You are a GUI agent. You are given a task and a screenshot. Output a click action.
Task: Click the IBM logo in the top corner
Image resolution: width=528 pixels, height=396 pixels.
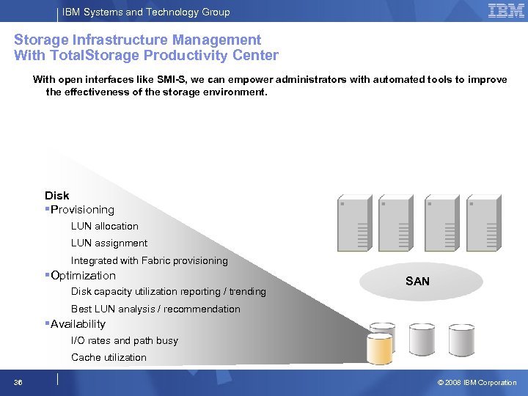(x=506, y=11)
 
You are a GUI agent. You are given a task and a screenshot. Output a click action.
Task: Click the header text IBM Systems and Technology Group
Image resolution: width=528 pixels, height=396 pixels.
(x=146, y=12)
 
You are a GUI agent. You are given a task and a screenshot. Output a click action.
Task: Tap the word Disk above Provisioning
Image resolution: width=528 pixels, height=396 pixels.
(x=57, y=195)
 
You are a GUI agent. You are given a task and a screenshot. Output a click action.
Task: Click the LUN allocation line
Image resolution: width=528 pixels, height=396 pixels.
(x=104, y=227)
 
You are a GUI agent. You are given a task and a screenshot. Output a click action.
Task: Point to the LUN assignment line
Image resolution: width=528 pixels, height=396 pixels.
(x=109, y=243)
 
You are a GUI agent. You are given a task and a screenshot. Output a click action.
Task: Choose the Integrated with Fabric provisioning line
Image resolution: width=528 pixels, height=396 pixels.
(x=149, y=260)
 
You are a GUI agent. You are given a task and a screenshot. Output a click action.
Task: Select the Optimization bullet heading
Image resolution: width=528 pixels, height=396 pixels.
(x=83, y=276)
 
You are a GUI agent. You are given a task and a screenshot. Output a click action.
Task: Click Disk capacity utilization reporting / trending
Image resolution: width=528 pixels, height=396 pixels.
(x=168, y=292)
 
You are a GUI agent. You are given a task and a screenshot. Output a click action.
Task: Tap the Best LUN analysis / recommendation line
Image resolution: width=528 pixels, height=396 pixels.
(x=155, y=309)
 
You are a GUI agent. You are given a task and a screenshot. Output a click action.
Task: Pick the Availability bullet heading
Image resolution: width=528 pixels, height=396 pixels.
(x=78, y=324)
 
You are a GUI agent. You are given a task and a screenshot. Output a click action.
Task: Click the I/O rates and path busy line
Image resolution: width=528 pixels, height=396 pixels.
(x=124, y=341)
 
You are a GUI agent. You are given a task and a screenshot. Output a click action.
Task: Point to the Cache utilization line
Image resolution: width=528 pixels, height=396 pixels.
(x=109, y=358)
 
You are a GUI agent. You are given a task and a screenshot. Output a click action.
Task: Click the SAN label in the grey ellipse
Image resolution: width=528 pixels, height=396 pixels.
(x=417, y=282)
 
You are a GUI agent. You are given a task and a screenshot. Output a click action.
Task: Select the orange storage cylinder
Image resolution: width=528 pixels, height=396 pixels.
(x=380, y=349)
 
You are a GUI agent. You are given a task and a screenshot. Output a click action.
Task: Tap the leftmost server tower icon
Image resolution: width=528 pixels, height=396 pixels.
(x=355, y=224)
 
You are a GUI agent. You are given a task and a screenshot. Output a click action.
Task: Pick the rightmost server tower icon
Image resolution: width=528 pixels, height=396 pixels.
(x=483, y=224)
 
